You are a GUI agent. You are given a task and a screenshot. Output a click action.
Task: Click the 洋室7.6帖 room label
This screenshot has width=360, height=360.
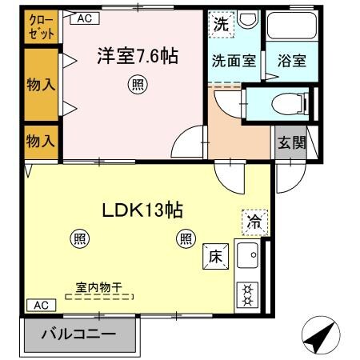pyautogui.click(x=138, y=57)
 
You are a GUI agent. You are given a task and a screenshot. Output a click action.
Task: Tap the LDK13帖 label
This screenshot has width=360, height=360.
pyautogui.click(x=142, y=211)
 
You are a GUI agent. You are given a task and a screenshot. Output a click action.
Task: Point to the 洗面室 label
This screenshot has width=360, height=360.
pyautogui.click(x=234, y=61)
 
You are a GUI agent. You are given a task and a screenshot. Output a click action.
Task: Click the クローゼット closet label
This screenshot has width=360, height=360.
pyautogui.click(x=42, y=27)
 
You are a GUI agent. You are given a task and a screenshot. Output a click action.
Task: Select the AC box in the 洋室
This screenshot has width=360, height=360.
pyautogui.click(x=86, y=17)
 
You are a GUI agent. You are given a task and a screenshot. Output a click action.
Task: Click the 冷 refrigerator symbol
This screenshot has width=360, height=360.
pyautogui.click(x=254, y=222)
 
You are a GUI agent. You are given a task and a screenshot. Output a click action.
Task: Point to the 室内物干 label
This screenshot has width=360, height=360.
pyautogui.click(x=99, y=286)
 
